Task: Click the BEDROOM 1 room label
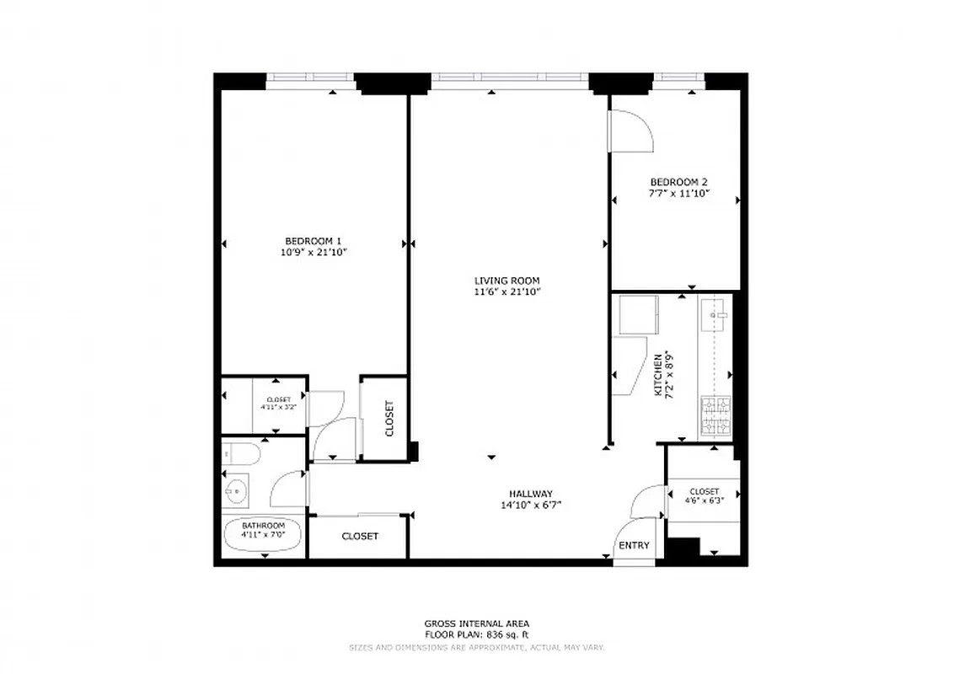(x=314, y=240)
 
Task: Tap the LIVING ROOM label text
(x=506, y=281)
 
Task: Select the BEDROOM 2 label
(x=678, y=182)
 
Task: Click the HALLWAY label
(x=530, y=494)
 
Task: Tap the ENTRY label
(x=634, y=545)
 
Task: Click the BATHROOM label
(x=263, y=526)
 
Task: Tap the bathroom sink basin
(x=236, y=489)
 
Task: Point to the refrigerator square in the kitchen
(x=640, y=313)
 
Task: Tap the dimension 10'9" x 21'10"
(x=314, y=251)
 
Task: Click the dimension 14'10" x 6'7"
(x=530, y=505)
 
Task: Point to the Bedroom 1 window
(x=311, y=81)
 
